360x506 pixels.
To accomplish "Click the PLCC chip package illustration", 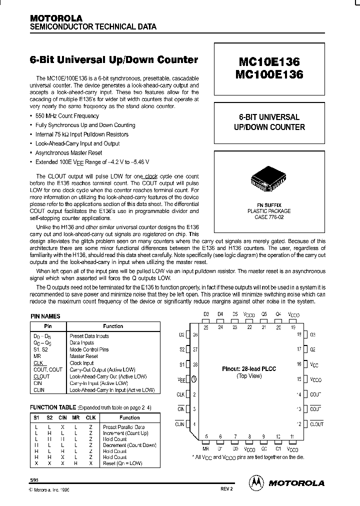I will pyautogui.click(x=270, y=184).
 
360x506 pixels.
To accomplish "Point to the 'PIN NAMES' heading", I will pyautogui.click(x=45, y=316).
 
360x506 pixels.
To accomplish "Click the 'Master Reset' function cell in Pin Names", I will pyautogui.click(x=83, y=356).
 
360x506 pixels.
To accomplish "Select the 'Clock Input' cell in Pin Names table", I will pyautogui.click(x=81, y=363).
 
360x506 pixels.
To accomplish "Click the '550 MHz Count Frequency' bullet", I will pyautogui.click(x=67, y=116).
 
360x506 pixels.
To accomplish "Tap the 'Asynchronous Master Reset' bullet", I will pyautogui.click(x=69, y=152).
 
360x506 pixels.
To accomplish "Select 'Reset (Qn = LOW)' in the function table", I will pyautogui.click(x=122, y=463).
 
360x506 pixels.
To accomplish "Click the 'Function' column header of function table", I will pyautogui.click(x=129, y=417).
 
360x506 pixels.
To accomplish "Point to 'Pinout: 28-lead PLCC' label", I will pyautogui.click(x=248, y=369).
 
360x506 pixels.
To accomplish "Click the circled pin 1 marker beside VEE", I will pyautogui.click(x=194, y=379).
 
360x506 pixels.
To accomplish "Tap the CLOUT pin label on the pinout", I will pyautogui.click(x=317, y=424).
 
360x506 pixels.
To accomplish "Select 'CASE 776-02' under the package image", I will pyautogui.click(x=269, y=217).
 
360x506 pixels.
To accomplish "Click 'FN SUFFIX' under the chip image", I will pyautogui.click(x=269, y=205).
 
